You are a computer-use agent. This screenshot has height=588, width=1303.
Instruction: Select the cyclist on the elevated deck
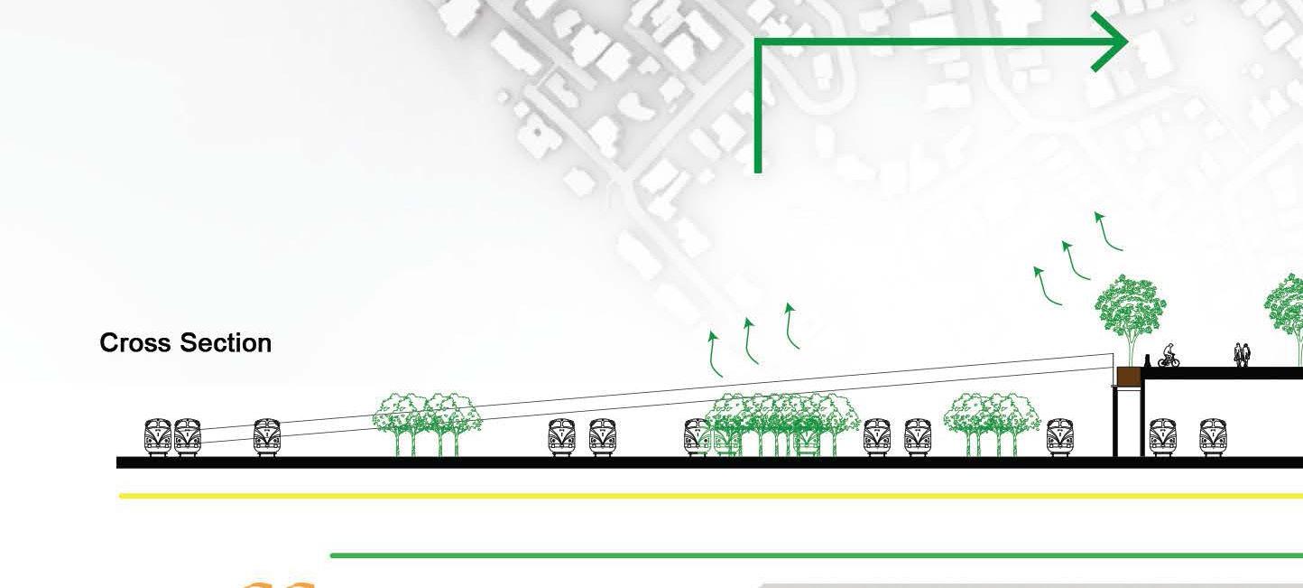1169,356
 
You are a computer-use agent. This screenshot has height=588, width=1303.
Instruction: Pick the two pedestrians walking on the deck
1243,355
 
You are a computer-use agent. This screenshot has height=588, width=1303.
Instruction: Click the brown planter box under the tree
1128,377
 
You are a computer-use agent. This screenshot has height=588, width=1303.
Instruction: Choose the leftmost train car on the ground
158,436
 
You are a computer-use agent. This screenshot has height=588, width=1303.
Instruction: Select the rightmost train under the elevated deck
1210,436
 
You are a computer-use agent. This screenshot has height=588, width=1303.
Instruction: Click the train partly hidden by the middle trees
698,436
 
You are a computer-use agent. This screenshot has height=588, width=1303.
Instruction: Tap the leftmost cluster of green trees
427,423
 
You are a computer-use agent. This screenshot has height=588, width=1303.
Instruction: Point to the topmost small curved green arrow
1107,231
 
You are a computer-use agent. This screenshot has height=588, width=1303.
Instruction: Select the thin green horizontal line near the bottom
812,555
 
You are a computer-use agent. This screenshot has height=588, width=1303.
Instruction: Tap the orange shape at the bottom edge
280,584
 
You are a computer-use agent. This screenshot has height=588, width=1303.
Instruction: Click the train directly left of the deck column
1059,436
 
